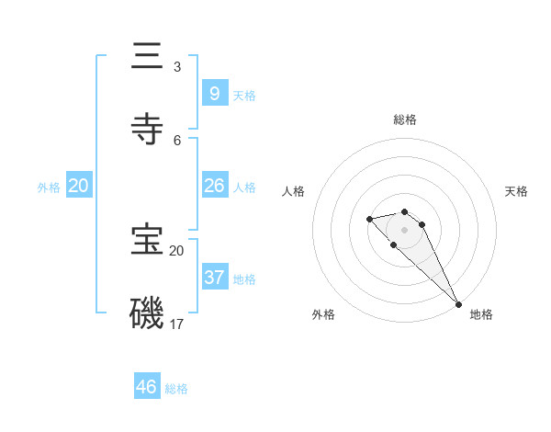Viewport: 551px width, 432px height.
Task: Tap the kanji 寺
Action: click(x=148, y=130)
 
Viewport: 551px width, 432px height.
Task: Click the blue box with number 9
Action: click(x=214, y=93)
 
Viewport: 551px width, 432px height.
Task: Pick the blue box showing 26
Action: click(x=214, y=186)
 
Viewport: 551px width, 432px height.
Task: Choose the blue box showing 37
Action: click(x=214, y=277)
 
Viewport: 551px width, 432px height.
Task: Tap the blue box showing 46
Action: click(x=147, y=387)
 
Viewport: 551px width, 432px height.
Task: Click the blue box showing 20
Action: click(x=79, y=186)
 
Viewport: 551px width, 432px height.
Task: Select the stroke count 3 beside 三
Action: click(x=176, y=67)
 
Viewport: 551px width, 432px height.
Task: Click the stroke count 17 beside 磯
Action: click(x=176, y=324)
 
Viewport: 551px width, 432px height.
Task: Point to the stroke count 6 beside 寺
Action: click(x=176, y=140)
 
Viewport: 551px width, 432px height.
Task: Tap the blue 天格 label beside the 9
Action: click(x=244, y=95)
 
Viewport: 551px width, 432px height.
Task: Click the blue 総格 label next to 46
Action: click(x=176, y=389)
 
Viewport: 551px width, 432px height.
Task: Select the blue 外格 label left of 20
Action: click(x=49, y=188)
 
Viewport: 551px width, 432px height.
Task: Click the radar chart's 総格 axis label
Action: click(x=404, y=119)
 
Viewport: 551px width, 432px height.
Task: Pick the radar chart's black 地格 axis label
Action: click(x=481, y=314)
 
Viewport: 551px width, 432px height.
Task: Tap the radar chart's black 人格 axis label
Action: click(x=294, y=191)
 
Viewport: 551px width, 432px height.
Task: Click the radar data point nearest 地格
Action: click(x=458, y=304)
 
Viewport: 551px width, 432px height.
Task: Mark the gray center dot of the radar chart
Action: click(x=404, y=229)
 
